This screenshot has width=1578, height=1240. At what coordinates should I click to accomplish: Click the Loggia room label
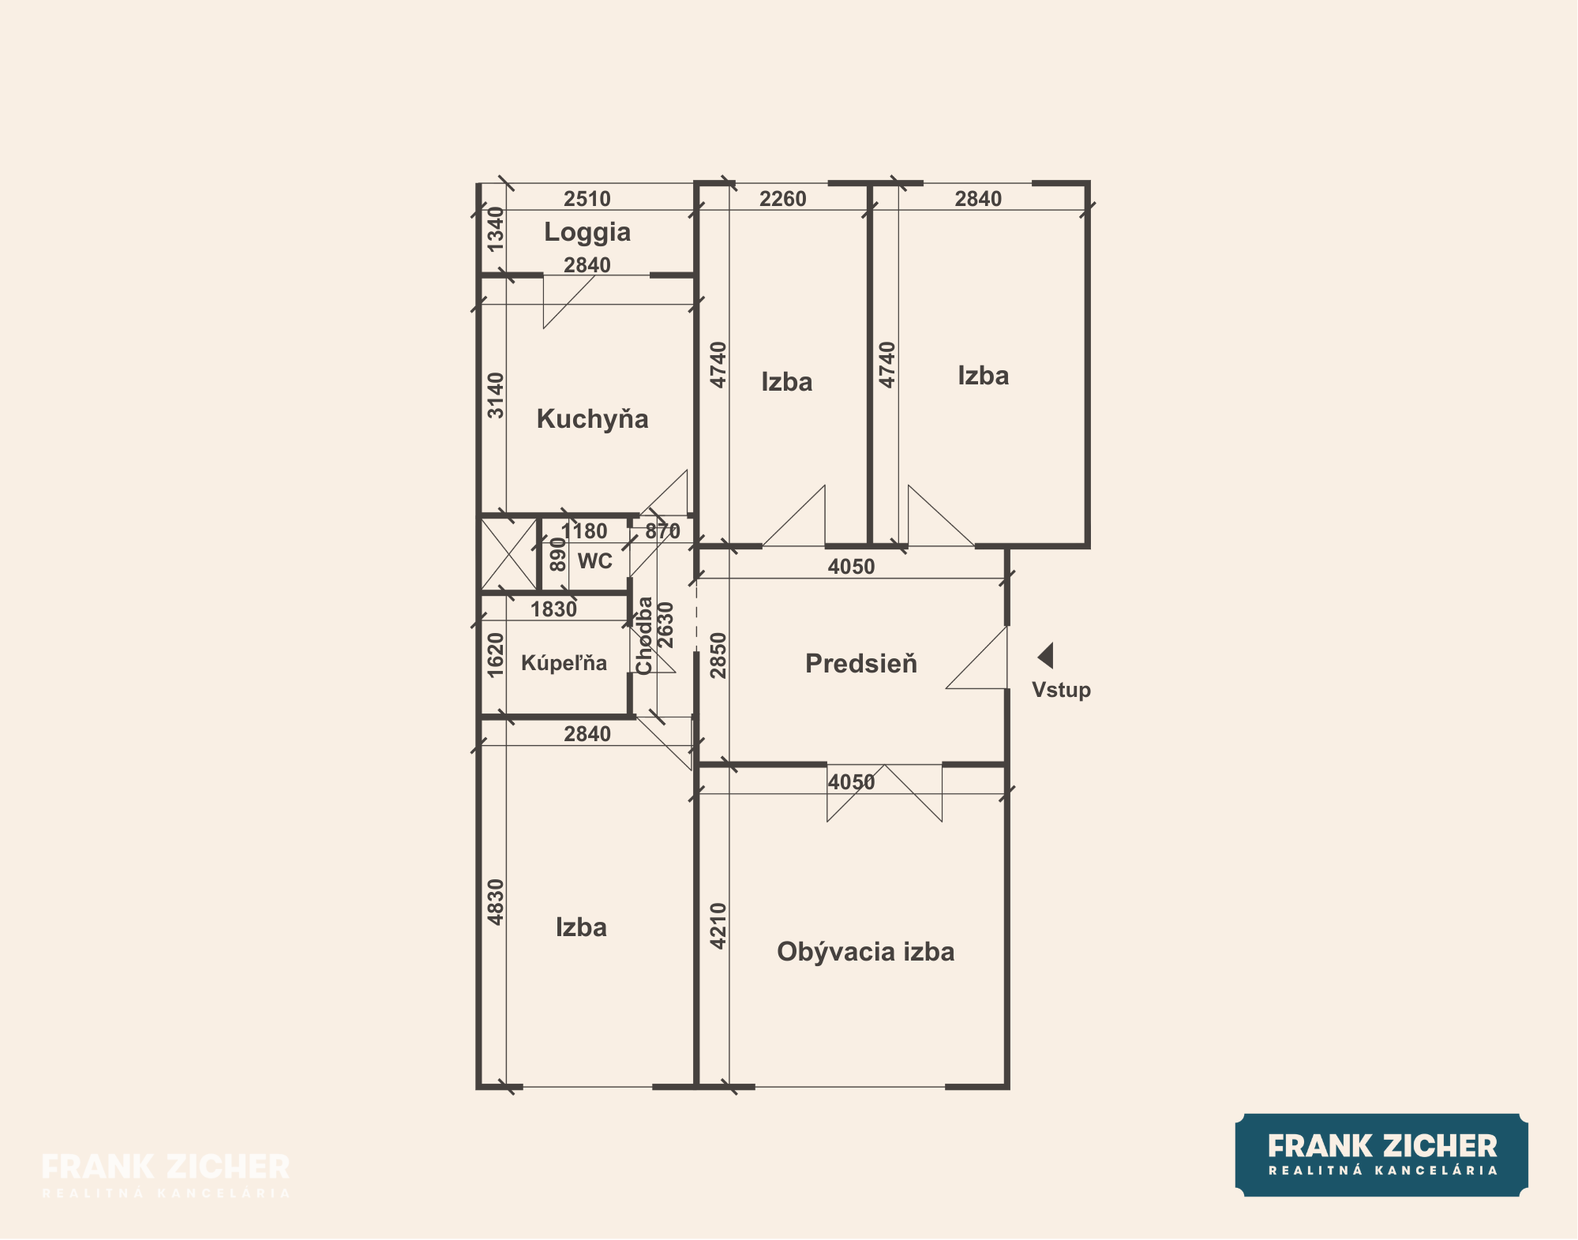(587, 232)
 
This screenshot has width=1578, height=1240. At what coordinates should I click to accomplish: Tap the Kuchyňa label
(592, 418)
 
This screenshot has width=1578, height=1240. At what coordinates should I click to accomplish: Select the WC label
(595, 561)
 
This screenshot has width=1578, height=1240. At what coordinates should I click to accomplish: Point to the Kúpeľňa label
(564, 663)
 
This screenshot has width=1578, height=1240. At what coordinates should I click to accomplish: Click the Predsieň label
(861, 663)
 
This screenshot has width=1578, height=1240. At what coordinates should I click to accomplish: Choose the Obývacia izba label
(865, 952)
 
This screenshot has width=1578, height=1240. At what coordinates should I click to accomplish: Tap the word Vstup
(1061, 690)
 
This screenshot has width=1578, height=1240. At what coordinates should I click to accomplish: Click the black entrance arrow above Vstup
(1046, 656)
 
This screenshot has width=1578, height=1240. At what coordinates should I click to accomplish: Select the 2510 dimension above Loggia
(587, 199)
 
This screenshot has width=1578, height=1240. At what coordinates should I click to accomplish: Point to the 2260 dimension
(783, 199)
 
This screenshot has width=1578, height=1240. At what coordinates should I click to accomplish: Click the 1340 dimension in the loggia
(495, 229)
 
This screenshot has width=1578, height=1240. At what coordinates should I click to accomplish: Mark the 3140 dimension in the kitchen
(495, 395)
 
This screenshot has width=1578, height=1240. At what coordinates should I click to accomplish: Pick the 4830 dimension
(495, 902)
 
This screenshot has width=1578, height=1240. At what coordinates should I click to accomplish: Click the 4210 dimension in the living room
(718, 926)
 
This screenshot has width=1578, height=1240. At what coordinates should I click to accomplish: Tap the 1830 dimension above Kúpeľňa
(553, 609)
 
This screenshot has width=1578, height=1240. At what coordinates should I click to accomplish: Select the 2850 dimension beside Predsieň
(718, 656)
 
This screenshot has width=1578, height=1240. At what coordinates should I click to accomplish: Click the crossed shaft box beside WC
(509, 553)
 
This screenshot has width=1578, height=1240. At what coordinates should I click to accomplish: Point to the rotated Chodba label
(644, 635)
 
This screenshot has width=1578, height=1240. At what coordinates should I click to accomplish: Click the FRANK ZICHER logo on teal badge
(1381, 1155)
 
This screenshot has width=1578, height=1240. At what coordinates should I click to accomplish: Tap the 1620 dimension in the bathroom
(495, 655)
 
